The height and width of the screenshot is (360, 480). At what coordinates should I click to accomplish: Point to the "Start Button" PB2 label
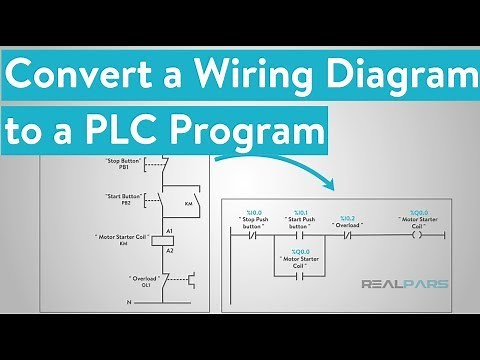point(123,199)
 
